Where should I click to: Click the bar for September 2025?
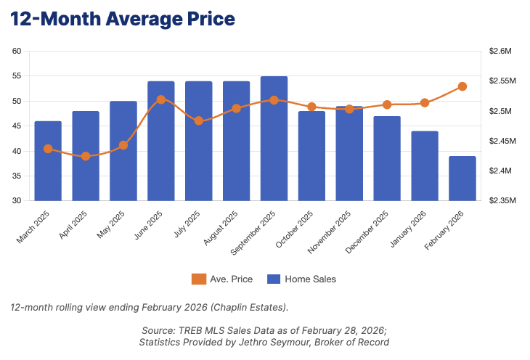pyautogui.click(x=274, y=139)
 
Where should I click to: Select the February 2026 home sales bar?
pyautogui.click(x=462, y=179)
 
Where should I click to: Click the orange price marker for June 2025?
pyautogui.click(x=161, y=99)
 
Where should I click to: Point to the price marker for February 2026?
pyautogui.click(x=462, y=86)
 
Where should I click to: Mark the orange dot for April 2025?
pyautogui.click(x=86, y=156)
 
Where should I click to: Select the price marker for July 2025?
pyautogui.click(x=199, y=120)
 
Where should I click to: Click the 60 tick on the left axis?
pyautogui.click(x=17, y=52)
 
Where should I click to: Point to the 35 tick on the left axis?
pyautogui.click(x=17, y=176)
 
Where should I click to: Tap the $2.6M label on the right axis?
pyautogui.click(x=501, y=52)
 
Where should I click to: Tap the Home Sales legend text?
pyautogui.click(x=310, y=279)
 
